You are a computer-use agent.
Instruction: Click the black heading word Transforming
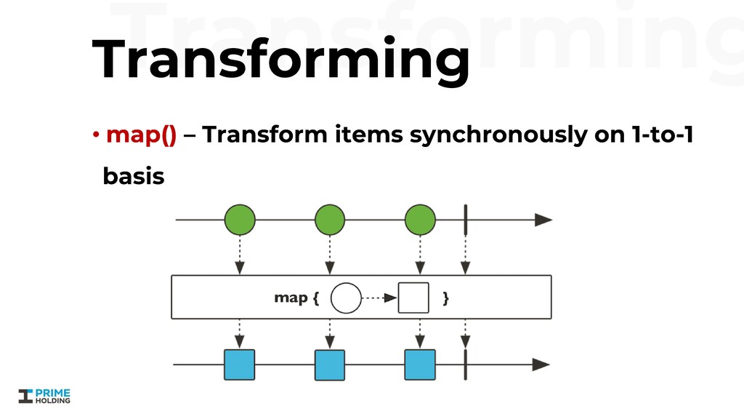point(280,60)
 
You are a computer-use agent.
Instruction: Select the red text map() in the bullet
point(141,135)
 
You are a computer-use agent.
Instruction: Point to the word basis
point(134,176)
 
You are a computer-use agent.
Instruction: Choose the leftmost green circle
point(240,220)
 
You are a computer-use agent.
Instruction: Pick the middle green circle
point(330,220)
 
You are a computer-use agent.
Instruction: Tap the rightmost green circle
point(420,220)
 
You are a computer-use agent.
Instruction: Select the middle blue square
point(330,365)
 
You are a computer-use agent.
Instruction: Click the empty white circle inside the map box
point(346,298)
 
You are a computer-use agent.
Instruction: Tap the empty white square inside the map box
point(413,298)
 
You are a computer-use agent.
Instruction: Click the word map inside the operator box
point(290,298)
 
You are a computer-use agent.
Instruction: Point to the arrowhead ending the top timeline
point(543,220)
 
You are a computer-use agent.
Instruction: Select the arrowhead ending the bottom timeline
point(543,364)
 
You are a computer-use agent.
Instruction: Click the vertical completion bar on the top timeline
point(465,220)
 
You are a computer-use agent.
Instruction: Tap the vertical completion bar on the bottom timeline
point(465,364)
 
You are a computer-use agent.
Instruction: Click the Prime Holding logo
point(45,396)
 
